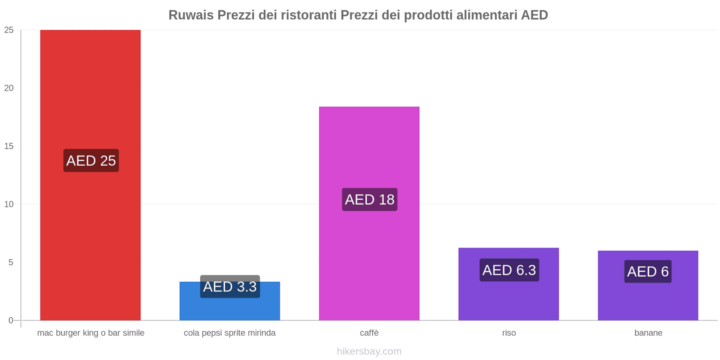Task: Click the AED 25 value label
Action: pos(91,161)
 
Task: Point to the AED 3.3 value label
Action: pos(230,287)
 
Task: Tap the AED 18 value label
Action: pos(369,199)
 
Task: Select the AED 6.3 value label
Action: pos(509,270)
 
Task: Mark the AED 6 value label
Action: pos(648,271)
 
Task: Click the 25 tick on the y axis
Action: pos(9,30)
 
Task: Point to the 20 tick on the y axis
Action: pos(9,88)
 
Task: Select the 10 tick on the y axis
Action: pos(9,204)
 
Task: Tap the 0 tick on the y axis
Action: pos(11,320)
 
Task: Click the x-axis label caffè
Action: pos(369,333)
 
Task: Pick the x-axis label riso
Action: pos(509,333)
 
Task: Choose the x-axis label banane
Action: pos(648,333)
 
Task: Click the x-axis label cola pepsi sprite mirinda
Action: pos(229,333)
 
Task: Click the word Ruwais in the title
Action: pos(191,15)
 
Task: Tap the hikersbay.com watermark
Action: pos(369,351)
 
